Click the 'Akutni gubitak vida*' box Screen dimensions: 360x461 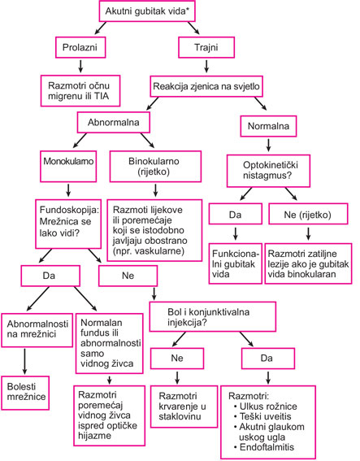click(x=147, y=11)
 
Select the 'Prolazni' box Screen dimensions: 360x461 click(x=80, y=47)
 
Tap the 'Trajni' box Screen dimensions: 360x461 click(x=206, y=47)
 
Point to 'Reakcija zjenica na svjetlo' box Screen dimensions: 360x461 click(x=206, y=86)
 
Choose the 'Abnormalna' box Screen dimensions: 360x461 click(x=114, y=122)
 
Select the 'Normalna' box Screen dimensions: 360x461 click(x=268, y=126)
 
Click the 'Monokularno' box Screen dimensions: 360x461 click(x=68, y=167)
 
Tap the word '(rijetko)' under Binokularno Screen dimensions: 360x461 click(x=154, y=172)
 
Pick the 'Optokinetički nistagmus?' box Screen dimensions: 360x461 click(x=268, y=171)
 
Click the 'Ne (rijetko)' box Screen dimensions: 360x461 click(x=308, y=214)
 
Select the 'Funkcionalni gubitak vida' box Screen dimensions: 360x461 click(x=236, y=263)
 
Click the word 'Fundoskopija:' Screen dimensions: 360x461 click(x=70, y=210)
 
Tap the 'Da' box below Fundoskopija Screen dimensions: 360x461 click(x=50, y=276)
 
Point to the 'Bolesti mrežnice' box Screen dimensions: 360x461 click(x=25, y=393)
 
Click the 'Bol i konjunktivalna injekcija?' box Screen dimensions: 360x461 click(x=213, y=316)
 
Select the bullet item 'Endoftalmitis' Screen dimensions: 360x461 click(x=264, y=447)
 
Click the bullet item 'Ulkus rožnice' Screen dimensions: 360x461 click(x=266, y=407)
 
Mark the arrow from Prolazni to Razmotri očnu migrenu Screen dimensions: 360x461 click(x=80, y=67)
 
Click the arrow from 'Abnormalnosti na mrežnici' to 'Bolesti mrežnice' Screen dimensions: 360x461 click(x=24, y=362)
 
